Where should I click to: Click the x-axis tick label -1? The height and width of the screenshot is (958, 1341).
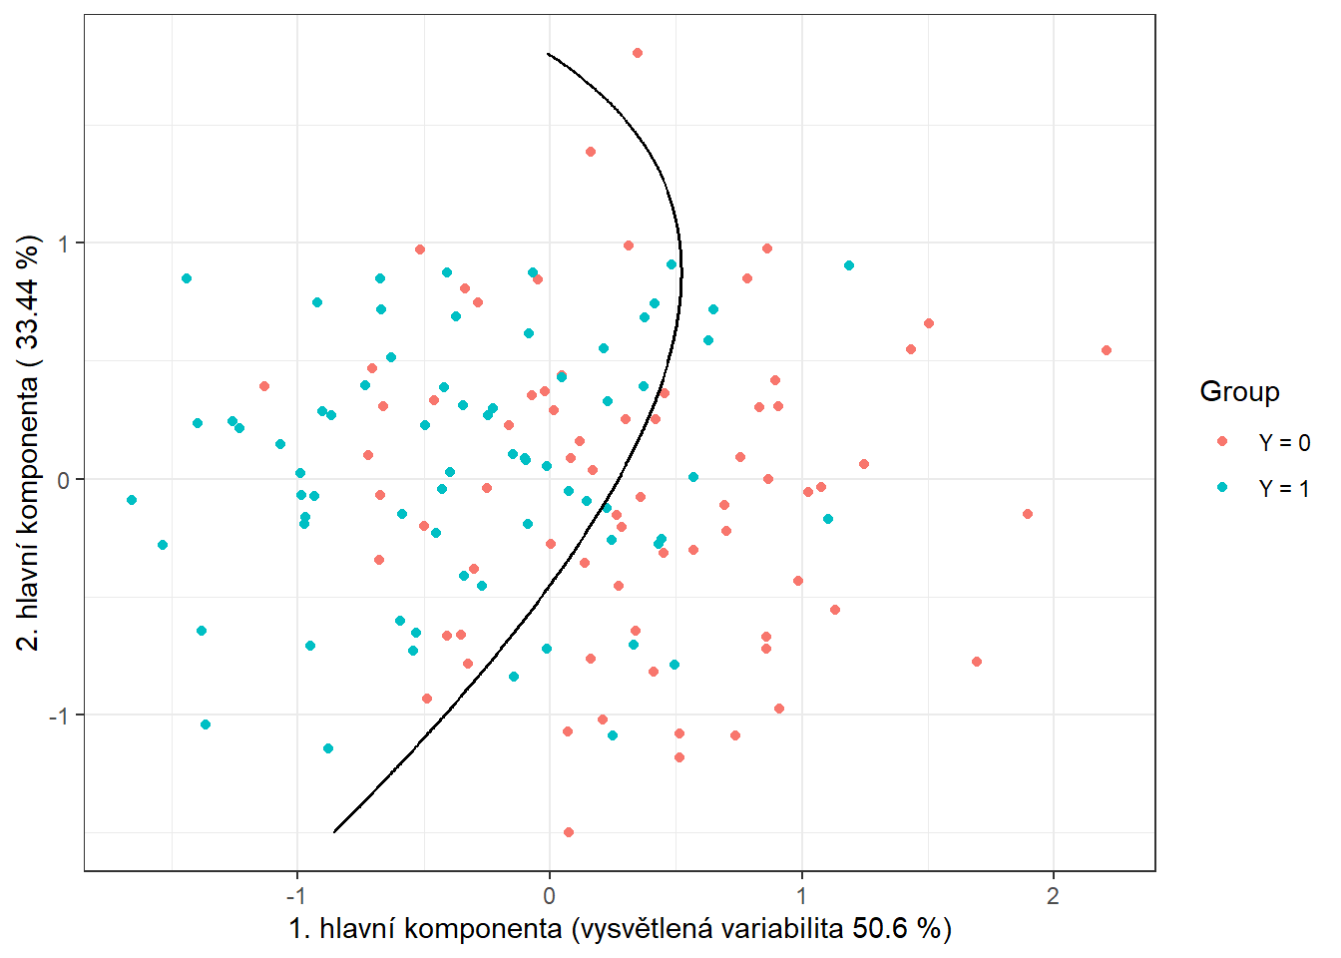coord(295,895)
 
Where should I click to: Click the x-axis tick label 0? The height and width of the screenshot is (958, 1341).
coord(549,895)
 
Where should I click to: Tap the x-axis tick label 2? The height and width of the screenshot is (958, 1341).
coord(1053,895)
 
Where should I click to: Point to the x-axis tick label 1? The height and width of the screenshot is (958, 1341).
coord(801,895)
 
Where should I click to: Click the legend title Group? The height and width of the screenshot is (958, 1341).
coord(1239,391)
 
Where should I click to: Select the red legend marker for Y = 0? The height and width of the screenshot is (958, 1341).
coord(1222,441)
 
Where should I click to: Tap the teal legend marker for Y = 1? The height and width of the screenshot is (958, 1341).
coord(1222,488)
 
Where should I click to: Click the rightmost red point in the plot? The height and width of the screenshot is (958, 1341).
coord(1106,350)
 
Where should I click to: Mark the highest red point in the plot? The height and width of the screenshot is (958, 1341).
coord(638,53)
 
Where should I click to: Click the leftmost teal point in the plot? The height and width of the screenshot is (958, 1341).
coord(132,500)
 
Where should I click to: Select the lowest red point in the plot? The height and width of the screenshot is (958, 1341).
coord(569,832)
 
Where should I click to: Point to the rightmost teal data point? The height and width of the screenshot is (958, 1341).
coord(849,265)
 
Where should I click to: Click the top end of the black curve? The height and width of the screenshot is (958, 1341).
coord(548,53)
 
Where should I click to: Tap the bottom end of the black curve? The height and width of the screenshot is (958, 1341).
coord(334,831)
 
